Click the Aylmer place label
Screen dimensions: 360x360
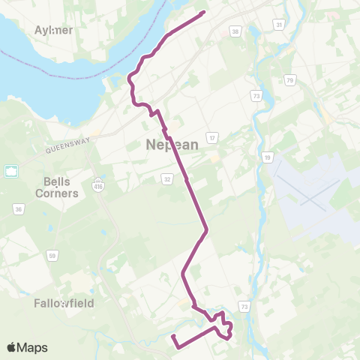point(54,30)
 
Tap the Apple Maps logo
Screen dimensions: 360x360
point(27,347)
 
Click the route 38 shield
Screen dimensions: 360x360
point(235,31)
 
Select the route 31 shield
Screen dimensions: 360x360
point(279,25)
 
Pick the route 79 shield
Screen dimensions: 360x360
point(289,80)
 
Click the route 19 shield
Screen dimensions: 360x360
point(267,157)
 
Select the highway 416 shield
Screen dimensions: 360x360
point(98,184)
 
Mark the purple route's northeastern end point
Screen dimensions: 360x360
point(204,12)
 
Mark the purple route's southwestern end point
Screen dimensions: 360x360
point(172,335)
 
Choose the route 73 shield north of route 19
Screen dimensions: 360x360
point(256,96)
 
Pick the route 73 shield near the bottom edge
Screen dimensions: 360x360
point(244,306)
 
